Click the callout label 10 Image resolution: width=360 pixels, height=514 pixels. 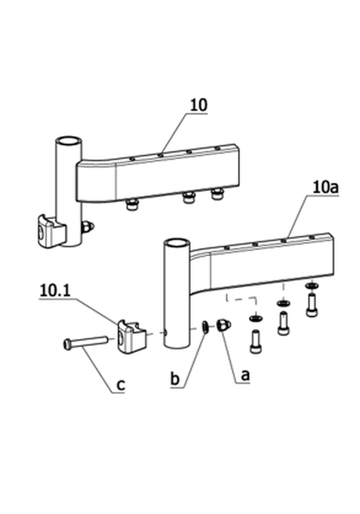[x=199, y=105]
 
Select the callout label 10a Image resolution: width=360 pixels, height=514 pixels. [x=325, y=188]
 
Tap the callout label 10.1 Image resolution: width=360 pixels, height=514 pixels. [x=55, y=290]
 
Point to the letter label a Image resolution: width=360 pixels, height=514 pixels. [x=245, y=375]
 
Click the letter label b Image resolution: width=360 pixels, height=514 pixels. [x=175, y=379]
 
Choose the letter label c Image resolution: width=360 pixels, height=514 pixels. [x=121, y=385]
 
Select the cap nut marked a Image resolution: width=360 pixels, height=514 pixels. [x=224, y=325]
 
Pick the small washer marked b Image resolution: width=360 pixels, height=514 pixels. [x=205, y=327]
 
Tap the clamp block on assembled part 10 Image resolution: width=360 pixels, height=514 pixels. [x=52, y=231]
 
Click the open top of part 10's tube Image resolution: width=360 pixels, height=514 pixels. [x=68, y=141]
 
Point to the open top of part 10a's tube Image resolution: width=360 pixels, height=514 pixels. [x=176, y=243]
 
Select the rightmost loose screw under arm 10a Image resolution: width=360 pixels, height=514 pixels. [x=312, y=306]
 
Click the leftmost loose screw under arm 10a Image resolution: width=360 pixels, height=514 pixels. [x=256, y=342]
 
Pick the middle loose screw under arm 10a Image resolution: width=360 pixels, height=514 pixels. [x=283, y=323]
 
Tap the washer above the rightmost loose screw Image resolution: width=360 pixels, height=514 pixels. [x=311, y=285]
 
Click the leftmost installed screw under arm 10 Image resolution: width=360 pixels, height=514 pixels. [x=131, y=205]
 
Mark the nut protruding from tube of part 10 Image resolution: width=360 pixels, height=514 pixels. [x=88, y=226]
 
